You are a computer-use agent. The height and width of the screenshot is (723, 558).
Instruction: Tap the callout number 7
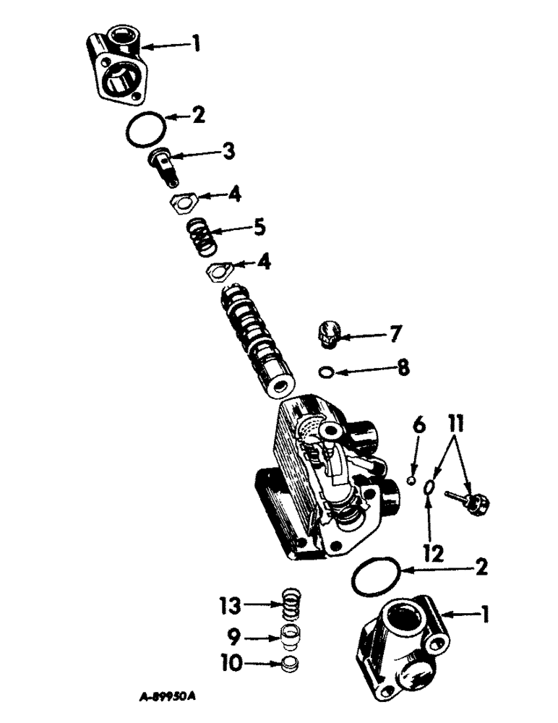click(395, 334)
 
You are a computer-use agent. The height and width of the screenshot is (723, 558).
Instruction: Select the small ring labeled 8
click(327, 372)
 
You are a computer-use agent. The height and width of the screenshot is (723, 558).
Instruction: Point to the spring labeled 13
click(288, 603)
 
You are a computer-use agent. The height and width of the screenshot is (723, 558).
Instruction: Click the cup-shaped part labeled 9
click(289, 638)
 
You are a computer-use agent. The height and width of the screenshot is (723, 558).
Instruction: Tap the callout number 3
click(228, 152)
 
